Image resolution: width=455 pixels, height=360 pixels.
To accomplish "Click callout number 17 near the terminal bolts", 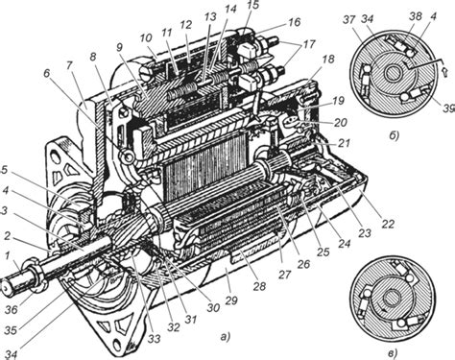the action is click(309, 43).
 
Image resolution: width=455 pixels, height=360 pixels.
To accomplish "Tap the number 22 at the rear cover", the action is click(387, 224).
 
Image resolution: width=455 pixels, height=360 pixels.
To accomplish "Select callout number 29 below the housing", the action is click(231, 300).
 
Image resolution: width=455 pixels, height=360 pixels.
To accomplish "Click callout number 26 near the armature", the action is click(303, 264).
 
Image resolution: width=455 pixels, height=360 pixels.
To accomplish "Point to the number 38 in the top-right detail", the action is click(416, 16).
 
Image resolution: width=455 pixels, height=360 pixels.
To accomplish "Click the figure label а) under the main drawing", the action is click(226, 337).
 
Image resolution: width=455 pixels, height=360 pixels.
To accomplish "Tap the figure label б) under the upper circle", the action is click(394, 135).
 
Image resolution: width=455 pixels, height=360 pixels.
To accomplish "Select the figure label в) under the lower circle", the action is click(393, 353).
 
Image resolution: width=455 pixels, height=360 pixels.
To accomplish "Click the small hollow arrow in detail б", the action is click(443, 71).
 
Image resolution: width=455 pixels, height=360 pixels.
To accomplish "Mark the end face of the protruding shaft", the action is click(6, 287).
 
